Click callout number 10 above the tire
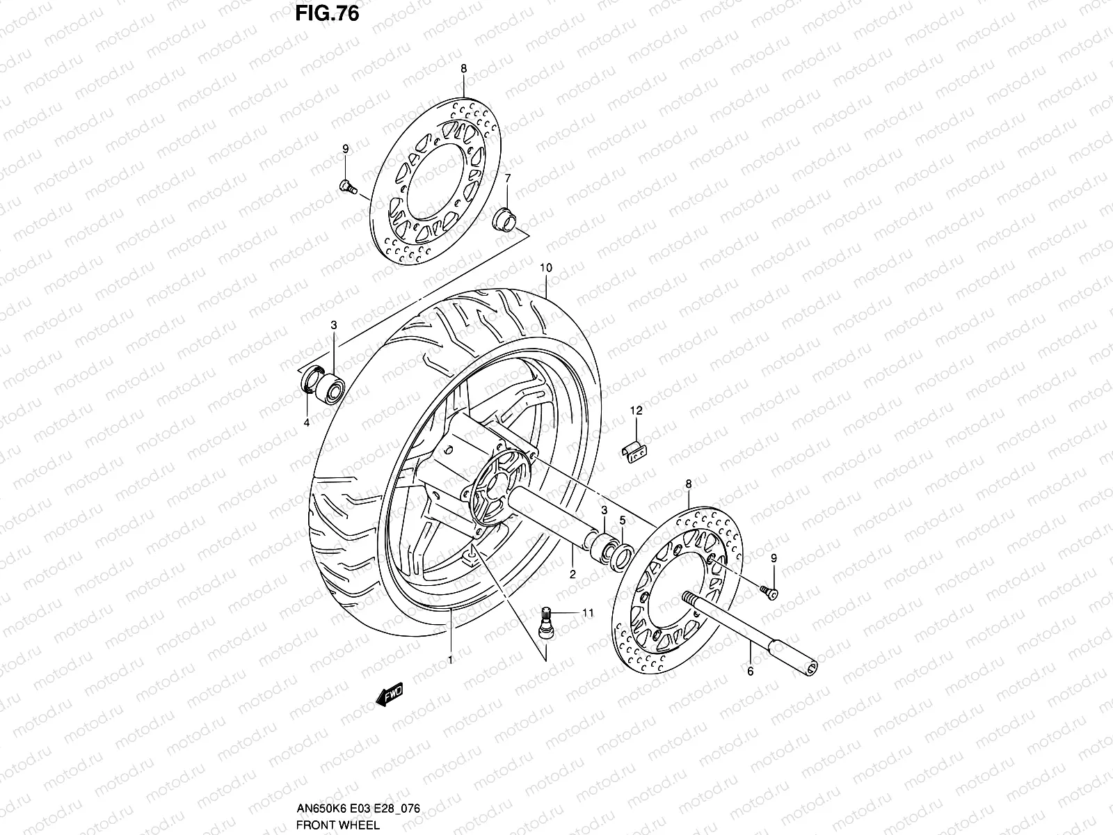pyautogui.click(x=545, y=268)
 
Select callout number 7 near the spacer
pyautogui.click(x=508, y=179)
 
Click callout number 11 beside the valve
pyautogui.click(x=588, y=613)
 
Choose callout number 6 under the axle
pyautogui.click(x=751, y=671)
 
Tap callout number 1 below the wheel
pyautogui.click(x=450, y=659)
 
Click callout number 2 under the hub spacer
pyautogui.click(x=572, y=574)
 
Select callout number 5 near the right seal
pyautogui.click(x=623, y=520)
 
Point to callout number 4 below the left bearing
pyautogui.click(x=307, y=422)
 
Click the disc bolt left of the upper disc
pyautogui.click(x=346, y=186)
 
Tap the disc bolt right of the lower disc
pyautogui.click(x=770, y=591)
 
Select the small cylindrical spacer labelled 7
pyautogui.click(x=505, y=217)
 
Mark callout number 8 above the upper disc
pyautogui.click(x=464, y=68)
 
